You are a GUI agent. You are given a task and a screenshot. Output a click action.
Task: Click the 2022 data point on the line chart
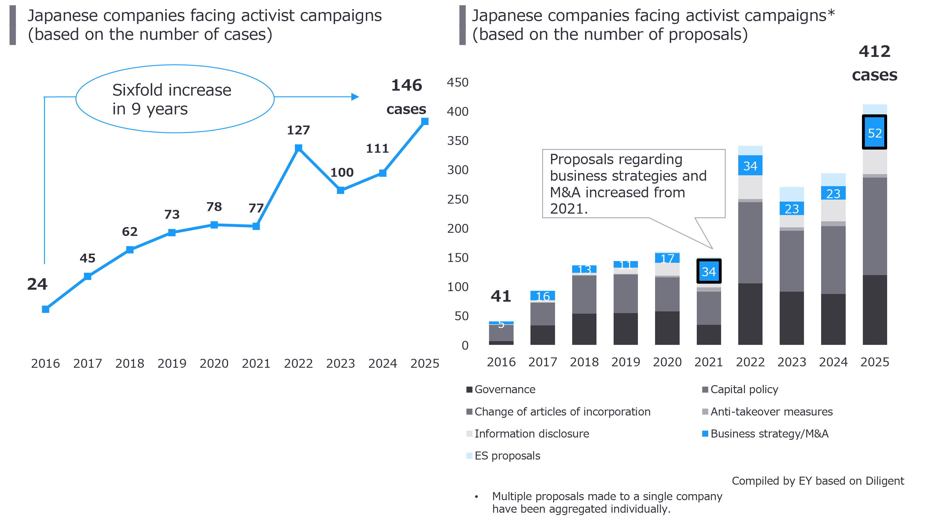[298, 148]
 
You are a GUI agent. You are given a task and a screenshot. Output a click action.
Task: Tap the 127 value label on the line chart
[298, 130]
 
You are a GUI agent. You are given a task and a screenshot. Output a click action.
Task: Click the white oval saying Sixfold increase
[175, 99]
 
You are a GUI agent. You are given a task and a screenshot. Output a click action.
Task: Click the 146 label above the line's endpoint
[407, 85]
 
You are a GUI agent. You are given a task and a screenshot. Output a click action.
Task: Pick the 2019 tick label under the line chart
[172, 363]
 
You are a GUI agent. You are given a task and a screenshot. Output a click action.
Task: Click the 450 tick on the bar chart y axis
[458, 82]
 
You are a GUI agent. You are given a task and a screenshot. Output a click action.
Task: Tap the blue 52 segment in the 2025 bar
[875, 133]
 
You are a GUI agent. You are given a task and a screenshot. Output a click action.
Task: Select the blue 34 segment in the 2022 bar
[750, 166]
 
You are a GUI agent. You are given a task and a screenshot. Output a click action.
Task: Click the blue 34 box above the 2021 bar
[709, 271]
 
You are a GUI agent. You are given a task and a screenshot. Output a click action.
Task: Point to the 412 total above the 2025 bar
[875, 51]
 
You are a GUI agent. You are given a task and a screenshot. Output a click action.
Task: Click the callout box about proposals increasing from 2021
[633, 183]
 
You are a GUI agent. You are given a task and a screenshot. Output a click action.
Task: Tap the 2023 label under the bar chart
[792, 362]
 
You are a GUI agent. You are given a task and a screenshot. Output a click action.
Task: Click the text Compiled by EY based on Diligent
[818, 481]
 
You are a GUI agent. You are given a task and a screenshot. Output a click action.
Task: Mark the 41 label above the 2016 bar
[501, 296]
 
